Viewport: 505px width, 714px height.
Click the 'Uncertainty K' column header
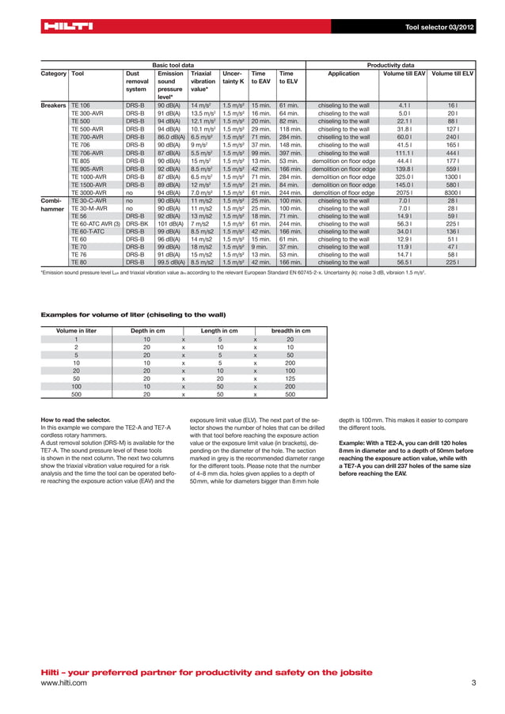point(233,77)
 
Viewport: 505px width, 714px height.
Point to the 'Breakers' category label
point(53,104)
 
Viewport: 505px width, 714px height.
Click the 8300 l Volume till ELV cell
point(453,192)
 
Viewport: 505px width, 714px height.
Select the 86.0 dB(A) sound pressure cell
point(170,135)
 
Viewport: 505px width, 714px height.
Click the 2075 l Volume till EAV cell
point(404,192)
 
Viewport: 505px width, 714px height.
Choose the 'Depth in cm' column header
point(146,331)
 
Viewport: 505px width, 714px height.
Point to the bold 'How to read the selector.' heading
point(76,420)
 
